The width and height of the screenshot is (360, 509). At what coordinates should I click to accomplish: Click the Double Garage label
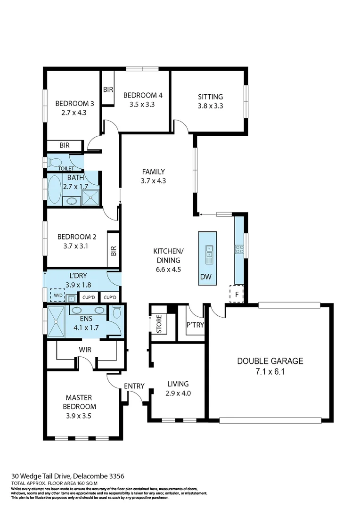coord(270,361)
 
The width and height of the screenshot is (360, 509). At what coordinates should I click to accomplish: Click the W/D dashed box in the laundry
coord(58,296)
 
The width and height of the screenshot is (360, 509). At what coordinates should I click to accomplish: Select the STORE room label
coord(159,325)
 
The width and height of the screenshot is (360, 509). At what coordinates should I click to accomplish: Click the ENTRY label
coord(134,386)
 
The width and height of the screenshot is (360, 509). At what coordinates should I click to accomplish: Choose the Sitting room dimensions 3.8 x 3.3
coord(210,106)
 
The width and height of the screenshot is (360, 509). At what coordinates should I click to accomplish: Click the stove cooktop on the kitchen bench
coord(239,250)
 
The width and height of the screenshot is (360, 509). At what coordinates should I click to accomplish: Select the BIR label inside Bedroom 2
coord(113,251)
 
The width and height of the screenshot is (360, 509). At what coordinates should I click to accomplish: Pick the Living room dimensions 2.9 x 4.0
coord(178,393)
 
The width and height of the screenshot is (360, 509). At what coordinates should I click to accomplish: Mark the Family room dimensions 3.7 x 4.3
coord(153,181)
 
